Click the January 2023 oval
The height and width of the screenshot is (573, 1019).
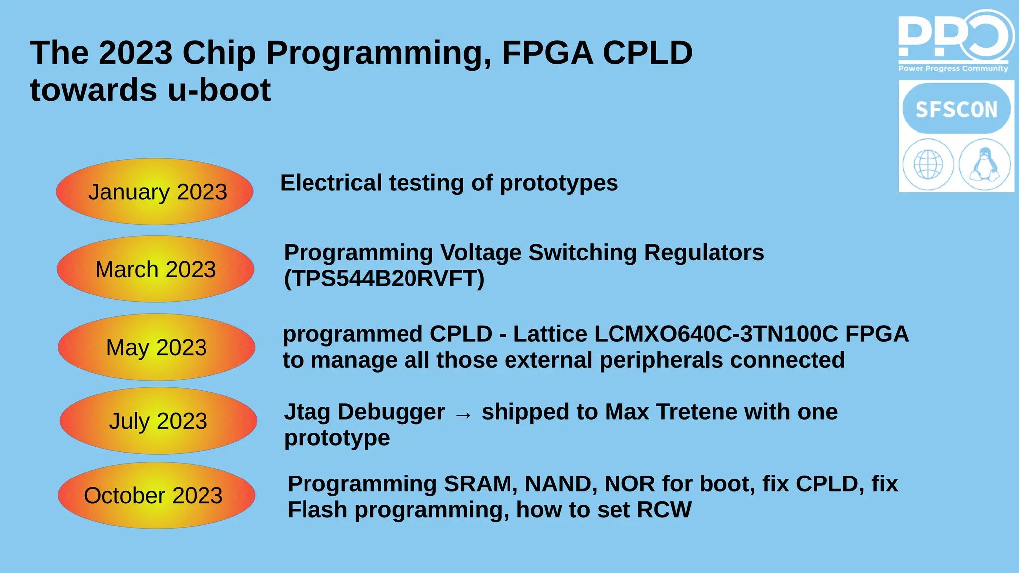(x=155, y=191)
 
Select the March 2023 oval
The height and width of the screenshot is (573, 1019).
(x=156, y=269)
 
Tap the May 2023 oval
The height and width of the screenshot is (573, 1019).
(x=157, y=347)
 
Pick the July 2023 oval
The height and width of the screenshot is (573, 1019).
(x=158, y=421)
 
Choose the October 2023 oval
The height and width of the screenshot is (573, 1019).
(x=157, y=495)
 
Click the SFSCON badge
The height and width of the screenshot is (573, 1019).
(x=956, y=109)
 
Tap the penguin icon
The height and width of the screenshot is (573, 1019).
(x=985, y=165)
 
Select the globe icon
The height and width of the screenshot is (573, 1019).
(x=928, y=165)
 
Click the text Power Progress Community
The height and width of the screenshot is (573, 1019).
(x=953, y=69)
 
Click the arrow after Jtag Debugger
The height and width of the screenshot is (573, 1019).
(x=463, y=414)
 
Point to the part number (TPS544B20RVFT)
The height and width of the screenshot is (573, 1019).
(x=384, y=279)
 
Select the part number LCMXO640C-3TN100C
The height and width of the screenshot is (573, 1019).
(x=716, y=334)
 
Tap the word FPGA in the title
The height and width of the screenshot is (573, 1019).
(x=547, y=53)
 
